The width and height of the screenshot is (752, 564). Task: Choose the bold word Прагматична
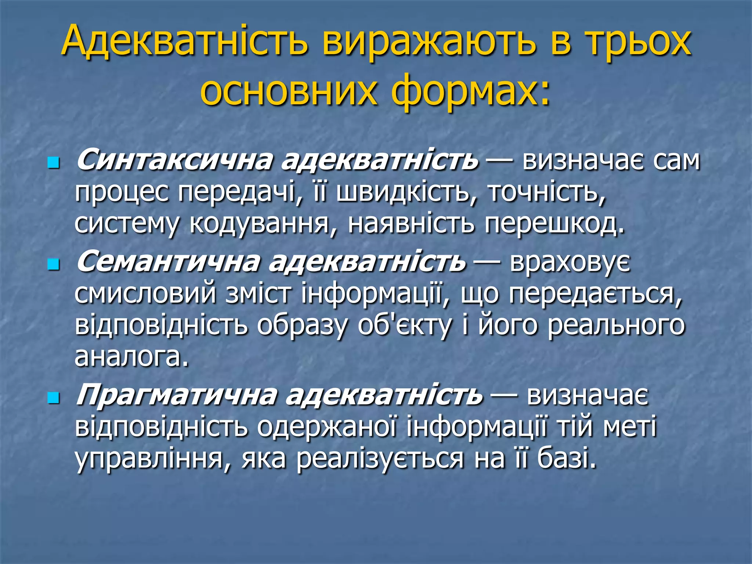[176, 395]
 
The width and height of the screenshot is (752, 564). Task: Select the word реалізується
[380, 459]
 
